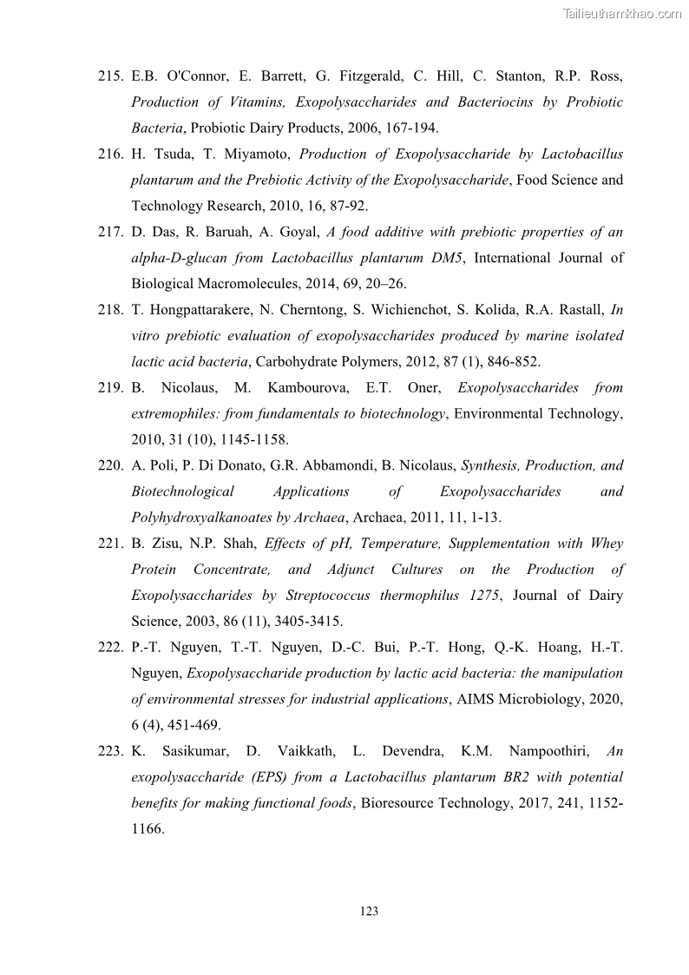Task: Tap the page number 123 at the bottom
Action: coord(368,911)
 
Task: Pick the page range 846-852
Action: coord(520,361)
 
